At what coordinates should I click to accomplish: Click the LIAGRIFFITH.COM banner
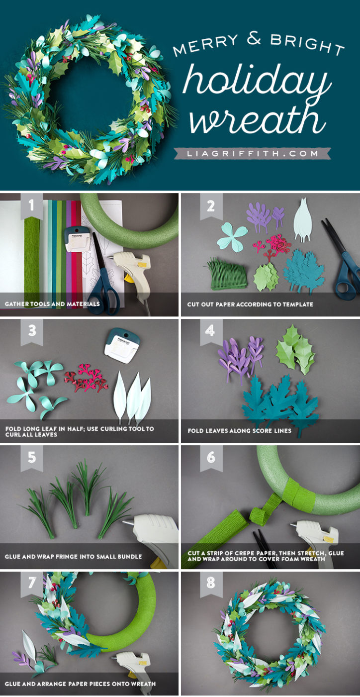[252, 153]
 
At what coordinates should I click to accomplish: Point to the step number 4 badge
[211, 330]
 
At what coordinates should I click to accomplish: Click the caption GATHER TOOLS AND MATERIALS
[52, 303]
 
